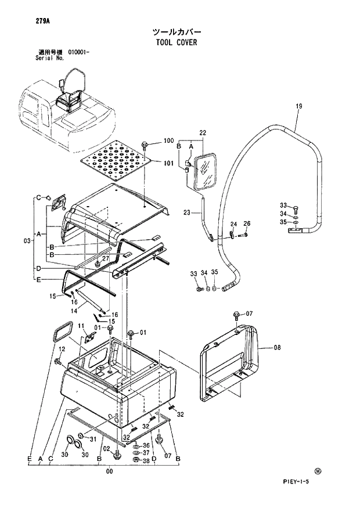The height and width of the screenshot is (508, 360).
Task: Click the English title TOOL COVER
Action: tap(176, 42)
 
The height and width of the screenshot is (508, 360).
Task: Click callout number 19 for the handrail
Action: tap(299, 106)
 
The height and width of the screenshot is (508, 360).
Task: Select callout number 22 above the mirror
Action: tap(203, 133)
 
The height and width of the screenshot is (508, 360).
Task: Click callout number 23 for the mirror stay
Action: tap(187, 212)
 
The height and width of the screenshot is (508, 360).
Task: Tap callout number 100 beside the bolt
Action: tap(168, 141)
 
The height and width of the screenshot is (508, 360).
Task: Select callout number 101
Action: tap(168, 163)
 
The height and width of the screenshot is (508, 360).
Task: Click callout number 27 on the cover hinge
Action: tap(106, 258)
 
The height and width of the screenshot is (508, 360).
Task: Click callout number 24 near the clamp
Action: tap(233, 224)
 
